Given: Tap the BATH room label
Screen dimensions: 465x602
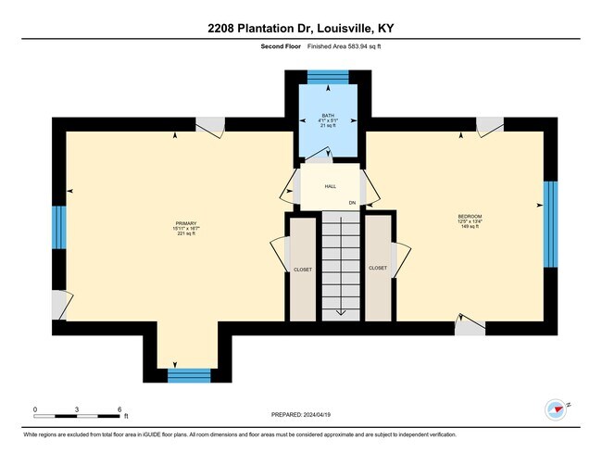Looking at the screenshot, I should coord(327,116).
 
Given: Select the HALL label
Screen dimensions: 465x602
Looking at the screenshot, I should coord(330,186).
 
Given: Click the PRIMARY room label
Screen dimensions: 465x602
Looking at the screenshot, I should coord(186,223).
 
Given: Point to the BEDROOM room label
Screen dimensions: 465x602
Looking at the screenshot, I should coord(470,216).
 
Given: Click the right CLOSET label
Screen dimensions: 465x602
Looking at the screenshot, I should coord(378,268).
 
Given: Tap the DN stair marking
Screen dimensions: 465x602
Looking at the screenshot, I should coord(352,202).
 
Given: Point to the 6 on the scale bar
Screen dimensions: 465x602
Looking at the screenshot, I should coord(119,408).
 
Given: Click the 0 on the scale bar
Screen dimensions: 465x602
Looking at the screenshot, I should coord(35,408).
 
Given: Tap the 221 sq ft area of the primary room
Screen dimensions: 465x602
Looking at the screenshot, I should coord(186,233).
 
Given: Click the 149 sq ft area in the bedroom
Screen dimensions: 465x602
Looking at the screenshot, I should coord(470,226).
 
